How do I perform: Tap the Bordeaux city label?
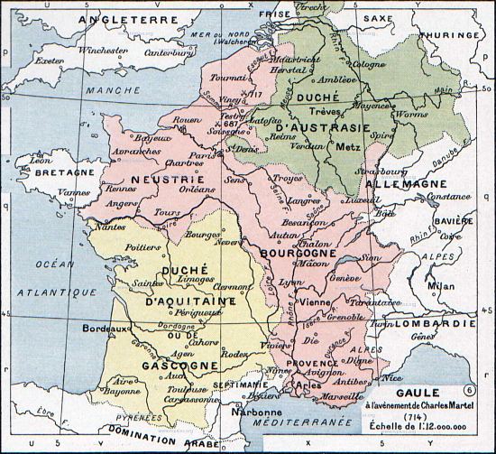point(102,329)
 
